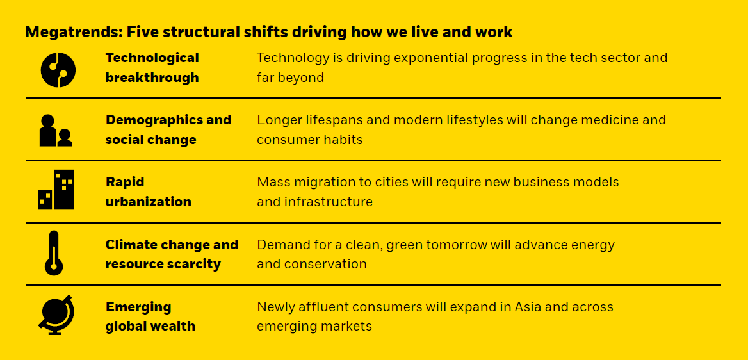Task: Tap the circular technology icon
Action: tap(58, 70)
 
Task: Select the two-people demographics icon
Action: tap(55, 130)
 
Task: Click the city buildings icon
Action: tap(56, 190)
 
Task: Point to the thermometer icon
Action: tap(53, 253)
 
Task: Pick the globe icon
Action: tap(56, 315)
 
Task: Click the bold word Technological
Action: tap(152, 58)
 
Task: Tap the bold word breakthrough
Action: tap(152, 78)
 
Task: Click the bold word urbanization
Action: tap(149, 202)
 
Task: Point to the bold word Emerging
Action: tap(138, 307)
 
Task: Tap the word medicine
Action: tap(605, 120)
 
